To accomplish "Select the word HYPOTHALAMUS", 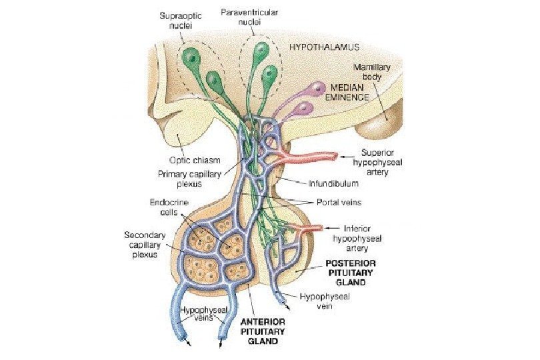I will [324, 47].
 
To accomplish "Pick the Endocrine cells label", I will [161, 207].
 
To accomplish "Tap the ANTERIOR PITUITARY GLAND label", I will [262, 330].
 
